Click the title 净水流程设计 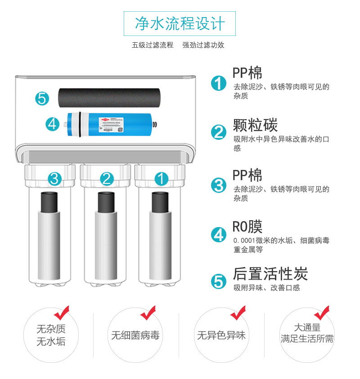click(x=180, y=24)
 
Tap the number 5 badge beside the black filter click(x=42, y=98)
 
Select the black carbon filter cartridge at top click(x=109, y=98)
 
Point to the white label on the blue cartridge click(x=111, y=125)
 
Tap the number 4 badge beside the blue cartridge click(x=53, y=124)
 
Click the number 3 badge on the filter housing click(x=54, y=179)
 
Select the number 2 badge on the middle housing click(x=107, y=179)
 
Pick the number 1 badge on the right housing click(x=162, y=179)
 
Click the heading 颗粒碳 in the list click(x=255, y=125)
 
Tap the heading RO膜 click(x=247, y=227)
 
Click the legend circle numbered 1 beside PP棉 click(x=218, y=83)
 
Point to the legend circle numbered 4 click(x=218, y=235)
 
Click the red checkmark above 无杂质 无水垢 click(x=62, y=313)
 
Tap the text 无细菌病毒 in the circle click(x=135, y=335)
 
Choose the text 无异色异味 click(x=221, y=335)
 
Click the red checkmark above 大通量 click(x=322, y=313)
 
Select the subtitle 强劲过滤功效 click(x=203, y=45)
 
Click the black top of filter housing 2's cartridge click(x=106, y=202)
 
